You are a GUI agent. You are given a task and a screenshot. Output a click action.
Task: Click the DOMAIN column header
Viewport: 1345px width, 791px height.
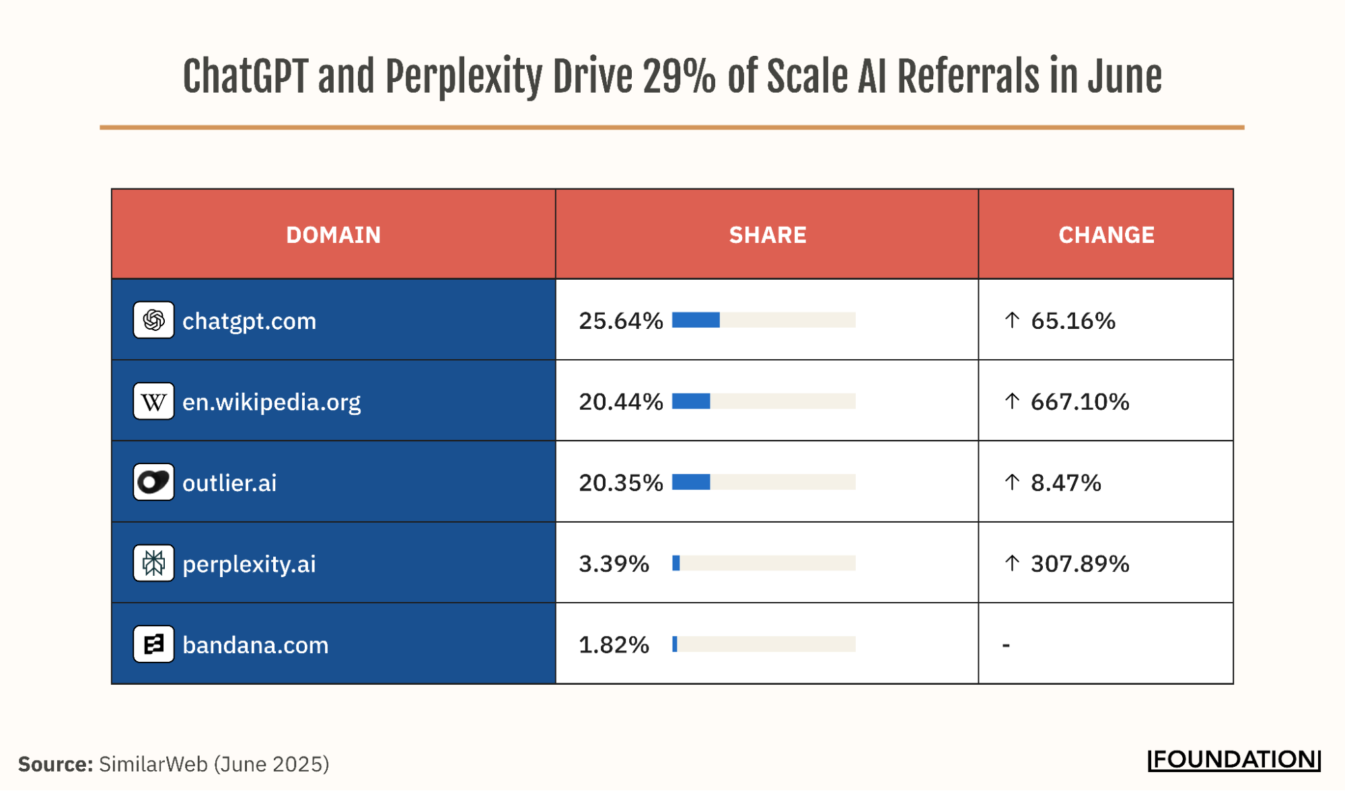click(333, 235)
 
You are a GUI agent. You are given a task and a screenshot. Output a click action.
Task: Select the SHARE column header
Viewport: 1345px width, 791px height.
click(767, 235)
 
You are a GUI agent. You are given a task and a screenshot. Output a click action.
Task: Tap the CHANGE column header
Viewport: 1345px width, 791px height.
click(1106, 235)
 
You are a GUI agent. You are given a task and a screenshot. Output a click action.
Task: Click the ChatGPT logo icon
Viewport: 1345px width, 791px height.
click(153, 320)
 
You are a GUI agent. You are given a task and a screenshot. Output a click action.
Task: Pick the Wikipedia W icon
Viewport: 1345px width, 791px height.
click(153, 402)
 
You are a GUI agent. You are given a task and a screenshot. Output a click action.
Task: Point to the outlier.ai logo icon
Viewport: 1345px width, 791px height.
click(153, 482)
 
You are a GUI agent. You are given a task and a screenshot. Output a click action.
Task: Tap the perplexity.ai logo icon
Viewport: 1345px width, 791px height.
click(153, 563)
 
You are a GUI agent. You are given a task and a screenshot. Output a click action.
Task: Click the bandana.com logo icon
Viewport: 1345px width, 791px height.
click(153, 644)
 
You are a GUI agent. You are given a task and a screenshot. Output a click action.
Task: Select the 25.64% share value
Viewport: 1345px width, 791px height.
click(620, 321)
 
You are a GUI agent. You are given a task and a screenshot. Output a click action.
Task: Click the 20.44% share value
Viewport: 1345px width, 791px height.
click(620, 402)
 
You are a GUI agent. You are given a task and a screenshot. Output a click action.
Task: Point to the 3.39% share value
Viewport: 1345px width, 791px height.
click(614, 564)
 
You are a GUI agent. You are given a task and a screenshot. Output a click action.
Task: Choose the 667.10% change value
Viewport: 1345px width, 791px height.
click(1079, 402)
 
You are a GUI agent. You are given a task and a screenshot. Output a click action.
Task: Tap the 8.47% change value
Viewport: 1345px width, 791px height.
click(1066, 483)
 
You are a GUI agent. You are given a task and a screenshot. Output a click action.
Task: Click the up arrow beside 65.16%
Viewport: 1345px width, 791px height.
click(1012, 320)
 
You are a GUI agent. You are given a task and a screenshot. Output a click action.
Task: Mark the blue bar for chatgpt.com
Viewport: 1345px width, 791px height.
click(696, 320)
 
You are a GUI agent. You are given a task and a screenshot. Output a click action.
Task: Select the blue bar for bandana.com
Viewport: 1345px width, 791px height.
click(675, 644)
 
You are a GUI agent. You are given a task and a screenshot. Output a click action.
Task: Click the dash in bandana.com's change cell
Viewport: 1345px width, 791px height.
click(1006, 645)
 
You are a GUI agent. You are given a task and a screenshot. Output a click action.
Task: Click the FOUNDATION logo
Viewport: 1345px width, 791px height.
click(1234, 760)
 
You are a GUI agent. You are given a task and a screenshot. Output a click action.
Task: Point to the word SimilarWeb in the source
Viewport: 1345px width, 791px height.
click(153, 764)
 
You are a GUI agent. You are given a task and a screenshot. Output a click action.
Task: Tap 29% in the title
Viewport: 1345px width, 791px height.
click(679, 77)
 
